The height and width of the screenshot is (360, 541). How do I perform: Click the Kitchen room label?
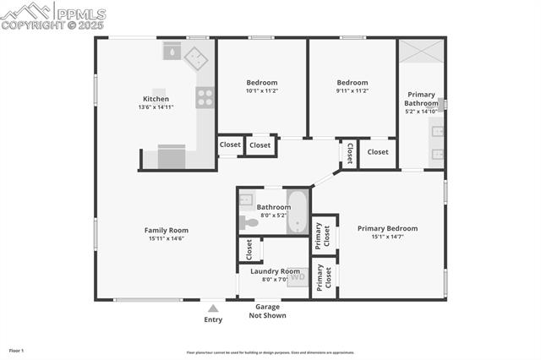coord(156,99)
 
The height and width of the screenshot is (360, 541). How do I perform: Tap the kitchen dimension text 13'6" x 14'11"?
coord(156,107)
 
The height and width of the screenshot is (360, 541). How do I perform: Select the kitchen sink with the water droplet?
coord(172,51)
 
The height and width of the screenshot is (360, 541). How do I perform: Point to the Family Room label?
coord(166,230)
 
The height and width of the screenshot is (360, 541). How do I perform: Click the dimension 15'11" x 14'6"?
coord(166,238)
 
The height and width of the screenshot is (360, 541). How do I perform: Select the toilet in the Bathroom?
coord(249,223)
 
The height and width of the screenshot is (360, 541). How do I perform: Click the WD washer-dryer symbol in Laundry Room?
coord(298,277)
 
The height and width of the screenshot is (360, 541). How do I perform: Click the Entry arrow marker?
coord(214,308)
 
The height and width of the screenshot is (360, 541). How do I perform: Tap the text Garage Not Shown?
coord(267,311)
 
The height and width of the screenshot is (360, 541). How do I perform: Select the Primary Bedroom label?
coord(387,228)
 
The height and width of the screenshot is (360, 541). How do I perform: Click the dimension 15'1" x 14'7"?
coord(387,237)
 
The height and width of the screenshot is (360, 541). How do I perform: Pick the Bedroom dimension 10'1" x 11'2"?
coord(261,90)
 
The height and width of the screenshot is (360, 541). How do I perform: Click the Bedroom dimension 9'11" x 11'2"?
coord(352,90)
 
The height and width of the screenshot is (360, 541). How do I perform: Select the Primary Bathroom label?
coord(421,99)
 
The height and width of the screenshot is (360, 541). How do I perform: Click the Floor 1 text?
coord(17,350)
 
